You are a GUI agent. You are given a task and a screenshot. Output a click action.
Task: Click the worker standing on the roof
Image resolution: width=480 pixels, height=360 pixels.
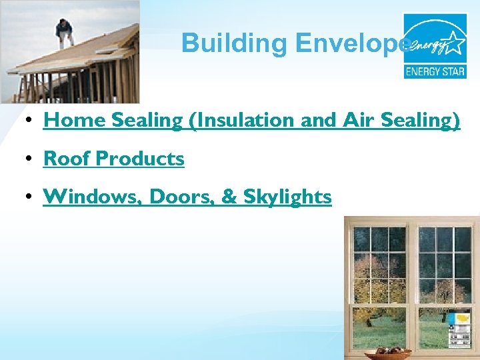(65, 32)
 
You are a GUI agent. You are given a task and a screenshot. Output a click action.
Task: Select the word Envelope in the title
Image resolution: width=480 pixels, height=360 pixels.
(353, 43)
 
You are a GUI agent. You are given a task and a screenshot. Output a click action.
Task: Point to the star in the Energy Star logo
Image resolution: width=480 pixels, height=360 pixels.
(454, 43)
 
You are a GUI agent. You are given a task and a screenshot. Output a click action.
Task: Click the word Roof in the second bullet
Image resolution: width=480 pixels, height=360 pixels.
(67, 159)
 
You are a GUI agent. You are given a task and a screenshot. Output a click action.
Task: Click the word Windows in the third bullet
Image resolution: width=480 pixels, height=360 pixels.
(93, 197)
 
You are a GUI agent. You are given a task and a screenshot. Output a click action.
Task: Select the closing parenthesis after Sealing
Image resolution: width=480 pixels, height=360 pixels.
(456, 121)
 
